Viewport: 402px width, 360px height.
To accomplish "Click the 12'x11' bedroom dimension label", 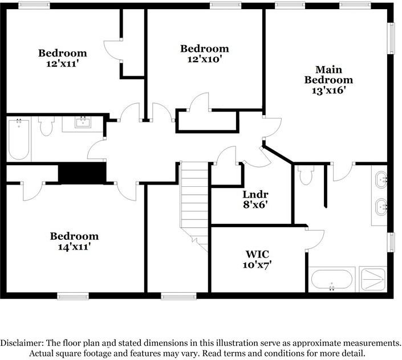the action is (62, 63).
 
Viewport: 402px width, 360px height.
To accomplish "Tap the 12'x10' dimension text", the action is (204, 59).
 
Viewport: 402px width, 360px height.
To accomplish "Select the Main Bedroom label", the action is (328, 75).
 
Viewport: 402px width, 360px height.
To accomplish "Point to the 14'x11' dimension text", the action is (75, 247).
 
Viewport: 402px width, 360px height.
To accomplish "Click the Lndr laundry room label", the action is (255, 194).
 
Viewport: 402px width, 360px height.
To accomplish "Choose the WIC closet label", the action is (257, 254).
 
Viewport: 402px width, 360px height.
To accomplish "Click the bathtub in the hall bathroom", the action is (19, 139).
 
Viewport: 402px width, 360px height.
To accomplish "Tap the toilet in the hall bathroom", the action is (46, 126).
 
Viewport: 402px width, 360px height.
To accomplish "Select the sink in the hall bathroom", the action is (83, 122).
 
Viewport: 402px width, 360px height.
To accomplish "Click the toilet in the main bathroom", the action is (306, 175).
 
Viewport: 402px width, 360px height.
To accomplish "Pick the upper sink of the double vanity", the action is (381, 180).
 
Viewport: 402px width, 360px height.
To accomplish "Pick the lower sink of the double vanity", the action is (381, 207).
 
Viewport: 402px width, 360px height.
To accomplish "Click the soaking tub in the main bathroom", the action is (331, 280).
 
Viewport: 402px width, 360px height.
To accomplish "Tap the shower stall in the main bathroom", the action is (373, 279).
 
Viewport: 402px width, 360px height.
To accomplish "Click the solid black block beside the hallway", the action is (82, 173).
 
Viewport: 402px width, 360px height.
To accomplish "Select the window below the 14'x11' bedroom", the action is (73, 297).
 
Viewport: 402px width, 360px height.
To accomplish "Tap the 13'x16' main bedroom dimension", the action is (328, 90).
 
